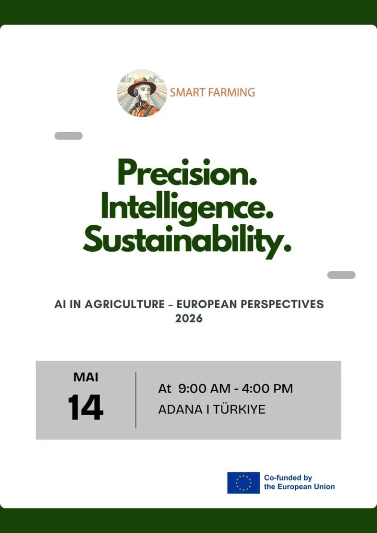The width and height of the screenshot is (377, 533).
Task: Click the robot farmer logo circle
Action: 142,93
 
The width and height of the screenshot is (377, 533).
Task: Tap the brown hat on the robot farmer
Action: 142,86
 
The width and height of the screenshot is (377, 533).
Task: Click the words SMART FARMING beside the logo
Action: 213,92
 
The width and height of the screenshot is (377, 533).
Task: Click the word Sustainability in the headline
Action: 188,241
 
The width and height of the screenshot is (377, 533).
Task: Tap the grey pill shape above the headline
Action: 68,136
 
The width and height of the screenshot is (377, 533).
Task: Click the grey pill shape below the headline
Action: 341,275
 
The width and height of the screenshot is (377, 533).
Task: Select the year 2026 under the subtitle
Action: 188,319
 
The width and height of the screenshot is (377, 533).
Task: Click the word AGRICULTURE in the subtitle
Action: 124,304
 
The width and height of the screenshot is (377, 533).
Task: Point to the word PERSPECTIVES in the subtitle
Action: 282,304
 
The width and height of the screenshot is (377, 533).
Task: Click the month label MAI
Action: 86,377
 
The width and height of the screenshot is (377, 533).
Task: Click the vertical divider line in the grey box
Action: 135,400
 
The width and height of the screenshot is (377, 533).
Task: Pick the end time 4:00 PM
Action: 267,389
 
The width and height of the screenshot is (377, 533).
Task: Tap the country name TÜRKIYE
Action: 240,409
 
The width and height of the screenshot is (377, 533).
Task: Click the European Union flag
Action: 243,482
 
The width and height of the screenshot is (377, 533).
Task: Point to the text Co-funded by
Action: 288,478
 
